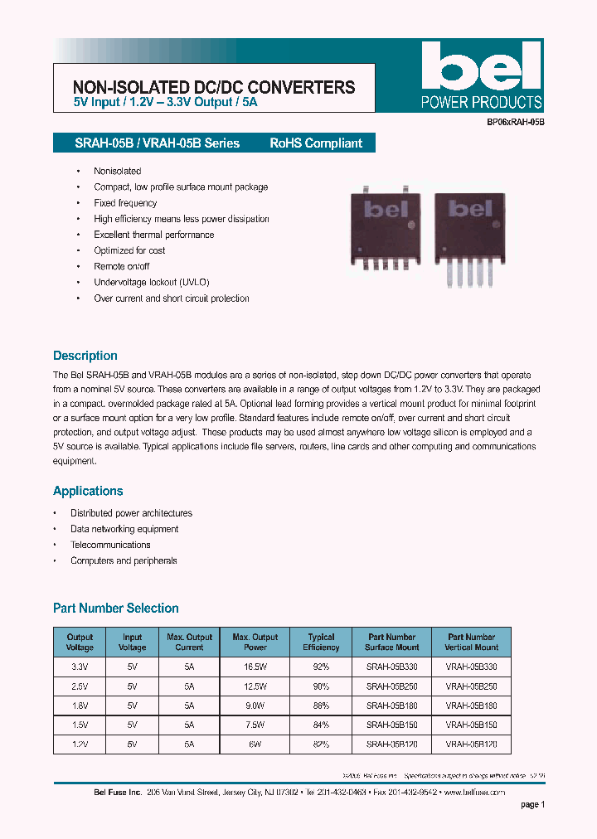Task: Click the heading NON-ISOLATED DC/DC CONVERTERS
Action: [214, 87]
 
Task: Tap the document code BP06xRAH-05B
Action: [515, 122]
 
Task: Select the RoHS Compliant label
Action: [316, 143]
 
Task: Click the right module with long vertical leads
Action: [470, 236]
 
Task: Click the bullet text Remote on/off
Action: [122, 266]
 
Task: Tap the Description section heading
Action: [85, 356]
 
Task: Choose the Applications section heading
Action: [88, 491]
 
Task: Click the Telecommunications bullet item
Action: [110, 545]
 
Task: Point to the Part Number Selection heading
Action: [116, 609]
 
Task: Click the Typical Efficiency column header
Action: [321, 643]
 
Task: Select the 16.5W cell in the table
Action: [255, 666]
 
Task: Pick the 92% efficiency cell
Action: [321, 666]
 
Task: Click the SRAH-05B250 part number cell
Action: [391, 686]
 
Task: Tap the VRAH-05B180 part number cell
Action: [472, 706]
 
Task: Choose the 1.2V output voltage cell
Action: [80, 744]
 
